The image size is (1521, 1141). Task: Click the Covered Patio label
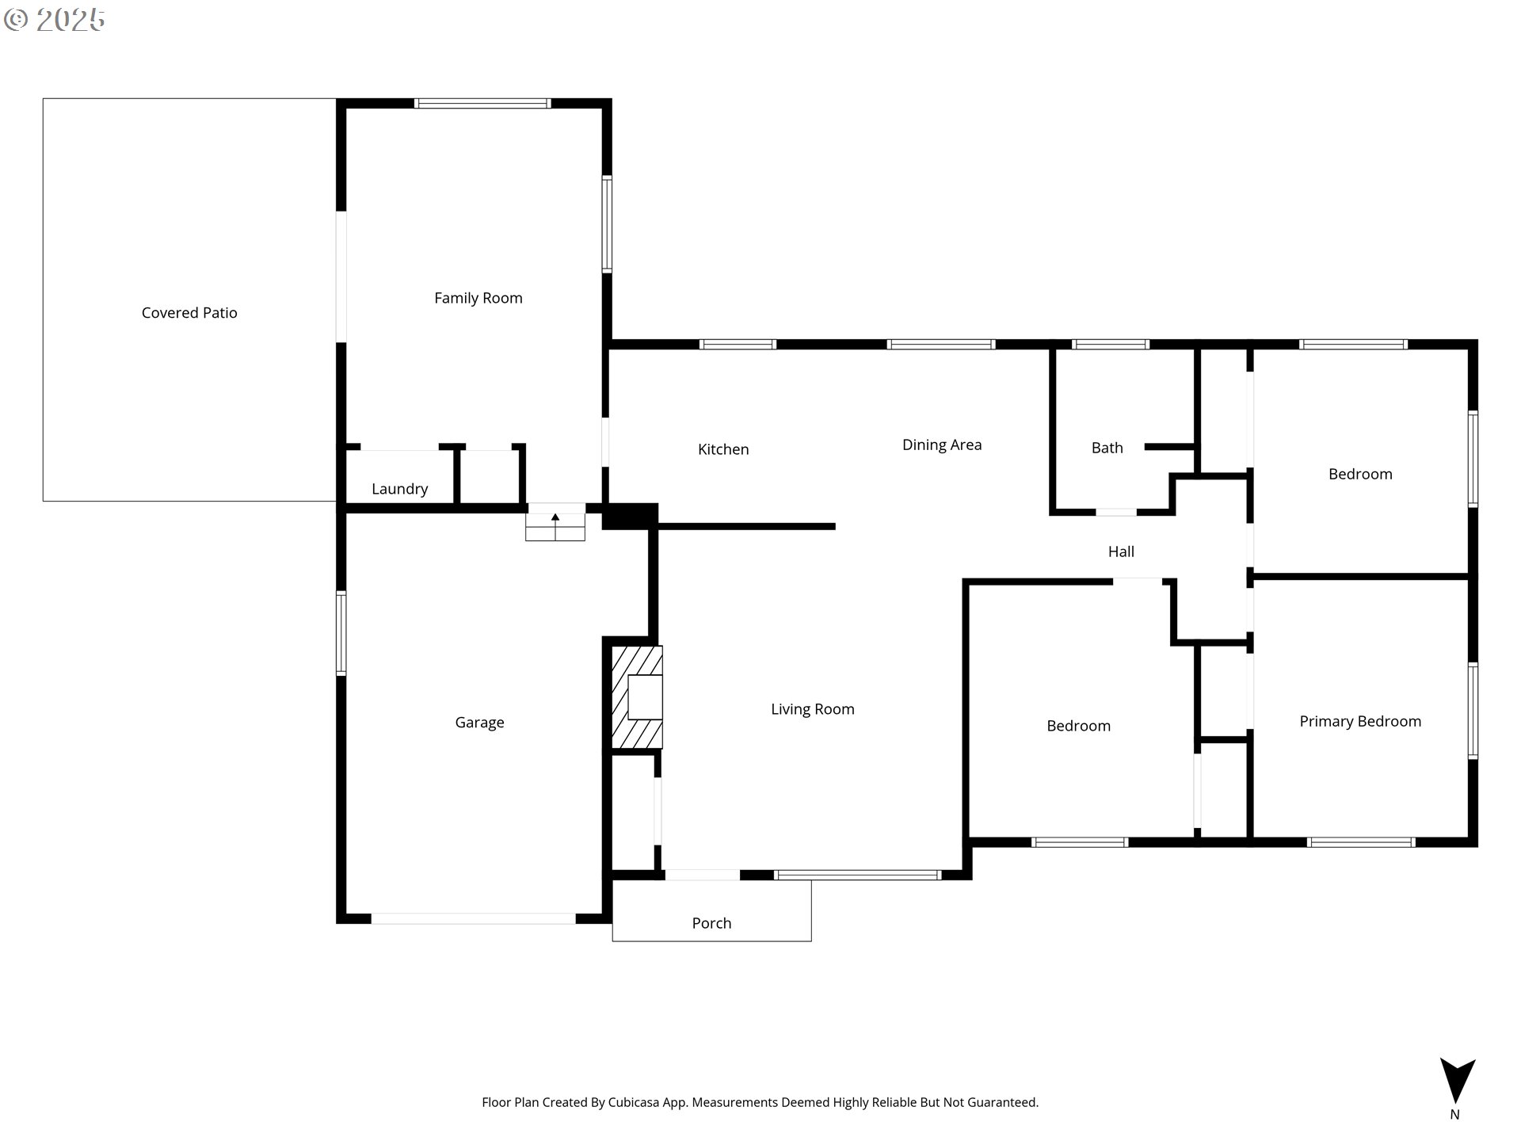point(189,313)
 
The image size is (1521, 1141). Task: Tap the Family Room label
point(478,298)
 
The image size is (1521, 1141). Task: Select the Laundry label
point(399,489)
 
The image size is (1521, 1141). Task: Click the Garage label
point(479,722)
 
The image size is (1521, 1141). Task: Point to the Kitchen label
point(722,449)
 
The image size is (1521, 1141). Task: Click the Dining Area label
point(941,445)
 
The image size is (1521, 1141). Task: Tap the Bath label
point(1107,448)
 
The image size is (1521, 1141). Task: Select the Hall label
point(1120,551)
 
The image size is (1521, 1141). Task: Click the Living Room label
point(812,709)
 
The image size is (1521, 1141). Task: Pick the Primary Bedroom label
point(1359,721)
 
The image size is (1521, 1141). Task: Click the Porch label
point(711,923)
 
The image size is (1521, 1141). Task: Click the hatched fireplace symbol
point(637,697)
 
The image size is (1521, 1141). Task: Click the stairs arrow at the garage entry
point(555,517)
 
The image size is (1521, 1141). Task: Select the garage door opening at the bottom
point(473,918)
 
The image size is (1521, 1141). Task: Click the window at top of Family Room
point(482,103)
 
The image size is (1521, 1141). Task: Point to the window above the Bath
point(1110,344)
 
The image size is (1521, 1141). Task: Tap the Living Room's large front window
point(857,875)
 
